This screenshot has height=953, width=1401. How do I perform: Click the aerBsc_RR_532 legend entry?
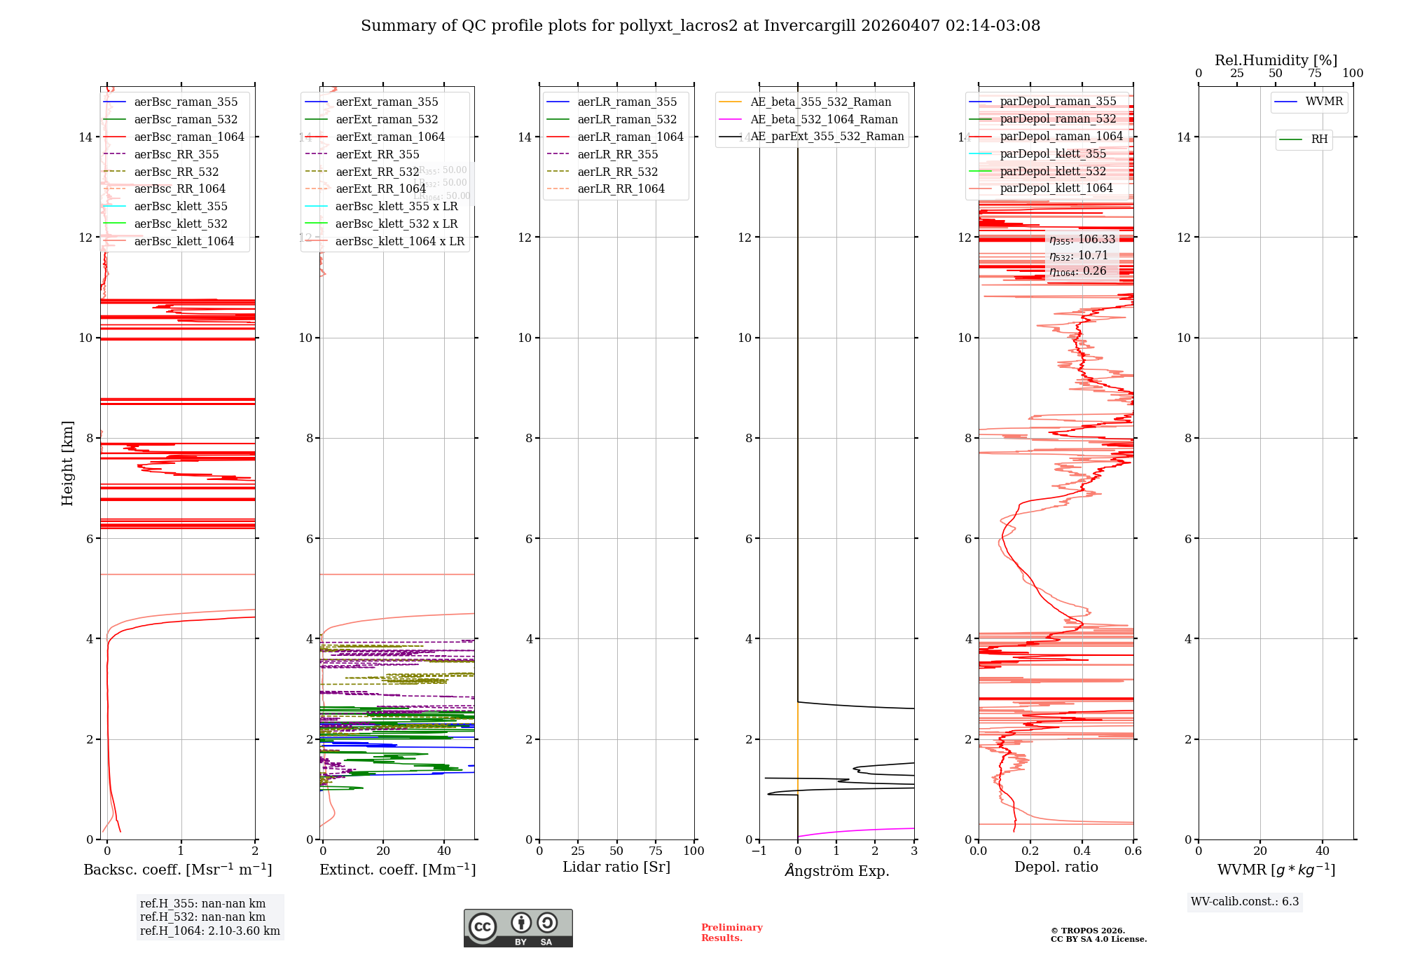(176, 172)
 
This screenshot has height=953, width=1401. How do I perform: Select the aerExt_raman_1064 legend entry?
(389, 137)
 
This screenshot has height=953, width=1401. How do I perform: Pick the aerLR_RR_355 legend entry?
(617, 154)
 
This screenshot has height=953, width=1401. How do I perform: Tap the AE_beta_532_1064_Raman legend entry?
(824, 119)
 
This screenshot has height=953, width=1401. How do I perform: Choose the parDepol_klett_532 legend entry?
(1053, 171)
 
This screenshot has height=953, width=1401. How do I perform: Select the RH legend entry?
(1319, 139)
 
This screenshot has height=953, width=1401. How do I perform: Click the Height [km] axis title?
(67, 462)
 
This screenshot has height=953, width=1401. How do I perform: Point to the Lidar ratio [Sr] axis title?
(616, 867)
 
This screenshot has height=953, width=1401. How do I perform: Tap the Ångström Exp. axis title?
(837, 870)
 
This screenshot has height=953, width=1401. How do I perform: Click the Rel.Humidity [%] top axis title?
(1276, 60)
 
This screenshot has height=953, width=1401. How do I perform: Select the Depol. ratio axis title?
(1056, 867)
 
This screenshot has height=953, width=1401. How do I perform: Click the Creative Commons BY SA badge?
(518, 928)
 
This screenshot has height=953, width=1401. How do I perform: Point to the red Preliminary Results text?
(731, 933)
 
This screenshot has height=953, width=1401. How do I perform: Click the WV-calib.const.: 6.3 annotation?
(1245, 902)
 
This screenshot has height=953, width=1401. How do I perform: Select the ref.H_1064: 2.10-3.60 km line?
(210, 931)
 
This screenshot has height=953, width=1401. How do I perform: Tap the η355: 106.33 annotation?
(1082, 240)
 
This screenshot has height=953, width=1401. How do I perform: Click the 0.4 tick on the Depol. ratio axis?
(1082, 851)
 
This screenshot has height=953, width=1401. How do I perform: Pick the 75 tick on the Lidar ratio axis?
(656, 851)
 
